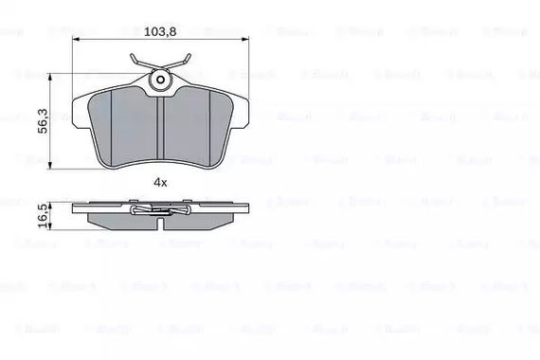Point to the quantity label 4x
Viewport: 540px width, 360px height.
point(161,181)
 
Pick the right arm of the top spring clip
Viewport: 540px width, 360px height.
point(186,66)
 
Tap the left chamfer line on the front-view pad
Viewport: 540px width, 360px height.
point(112,123)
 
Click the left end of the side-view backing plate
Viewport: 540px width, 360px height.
point(76,207)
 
